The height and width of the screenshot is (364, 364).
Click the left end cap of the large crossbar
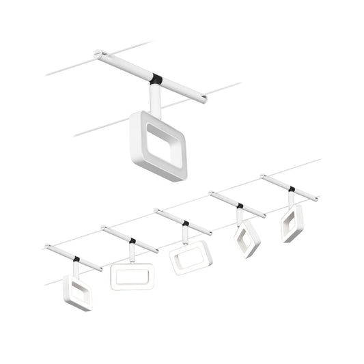pos(98,52)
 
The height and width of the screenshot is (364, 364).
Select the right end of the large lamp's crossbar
pos(203,100)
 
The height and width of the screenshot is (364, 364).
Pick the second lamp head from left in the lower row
pos(132,276)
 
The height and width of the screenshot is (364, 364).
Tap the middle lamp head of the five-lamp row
pos(190,257)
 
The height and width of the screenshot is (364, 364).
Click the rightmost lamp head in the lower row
pos(292,223)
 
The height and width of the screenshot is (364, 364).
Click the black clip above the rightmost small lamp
pos(292,188)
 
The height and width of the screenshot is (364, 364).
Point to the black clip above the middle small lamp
pos(185,223)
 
